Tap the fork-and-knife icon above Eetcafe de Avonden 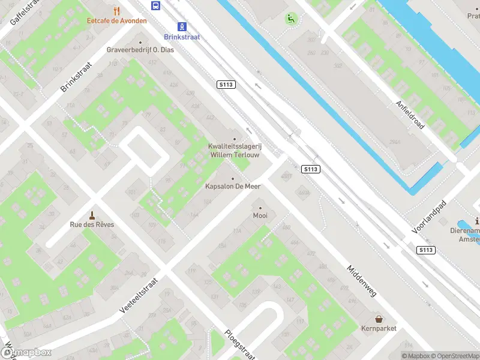(116, 10)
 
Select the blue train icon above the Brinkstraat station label (181, 26)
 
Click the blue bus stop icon (156, 5)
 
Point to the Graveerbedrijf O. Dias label (140, 50)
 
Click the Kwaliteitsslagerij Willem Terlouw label (234, 150)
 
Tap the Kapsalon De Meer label (233, 187)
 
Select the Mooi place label (260, 215)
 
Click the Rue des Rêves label (92, 225)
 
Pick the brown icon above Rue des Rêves (92, 215)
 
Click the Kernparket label (379, 328)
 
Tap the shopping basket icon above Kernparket (379, 319)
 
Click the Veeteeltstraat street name (139, 295)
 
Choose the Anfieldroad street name (409, 114)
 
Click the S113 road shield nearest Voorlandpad (425, 250)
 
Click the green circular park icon (291, 19)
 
